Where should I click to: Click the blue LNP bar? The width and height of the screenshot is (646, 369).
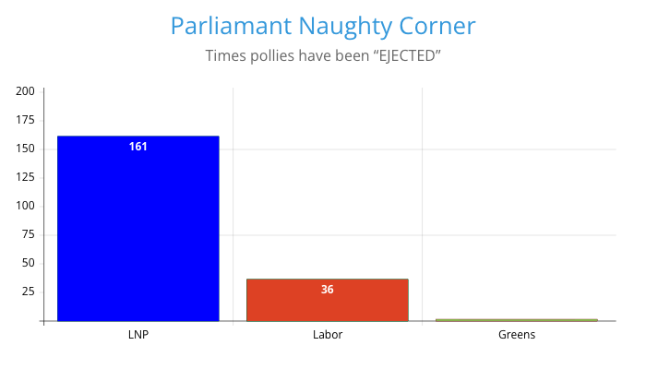138,231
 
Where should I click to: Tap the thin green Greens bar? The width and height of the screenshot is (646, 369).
516,320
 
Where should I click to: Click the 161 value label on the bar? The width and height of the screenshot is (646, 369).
138,147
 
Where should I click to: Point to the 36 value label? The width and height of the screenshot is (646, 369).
328,290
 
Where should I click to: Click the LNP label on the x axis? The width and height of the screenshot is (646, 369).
138,335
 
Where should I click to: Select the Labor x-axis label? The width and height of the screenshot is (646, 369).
328,335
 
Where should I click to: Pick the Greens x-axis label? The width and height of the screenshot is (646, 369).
516,335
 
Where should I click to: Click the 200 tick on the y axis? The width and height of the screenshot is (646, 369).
25,91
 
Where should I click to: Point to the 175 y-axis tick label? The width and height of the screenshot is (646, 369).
25,120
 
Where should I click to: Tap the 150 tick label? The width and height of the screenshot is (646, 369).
25,149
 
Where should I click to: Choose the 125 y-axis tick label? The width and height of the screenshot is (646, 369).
25,177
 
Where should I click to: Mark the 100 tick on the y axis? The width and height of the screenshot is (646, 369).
25,206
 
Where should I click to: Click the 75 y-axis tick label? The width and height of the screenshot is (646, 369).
28,234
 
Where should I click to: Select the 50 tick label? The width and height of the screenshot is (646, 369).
28,263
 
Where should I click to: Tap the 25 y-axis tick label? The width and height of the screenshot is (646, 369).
28,292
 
